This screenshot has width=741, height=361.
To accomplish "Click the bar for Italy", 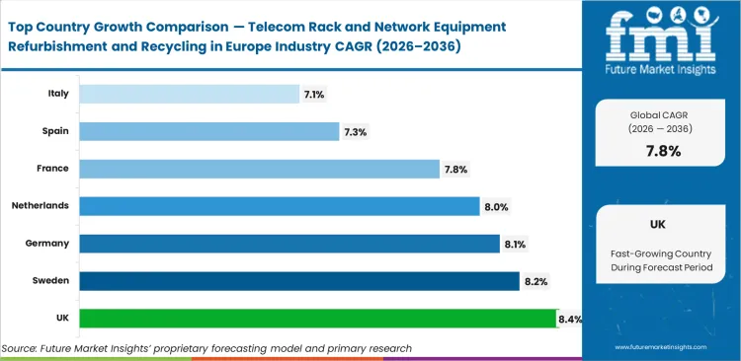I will point(189,94).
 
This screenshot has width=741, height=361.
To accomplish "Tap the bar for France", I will point(259,169).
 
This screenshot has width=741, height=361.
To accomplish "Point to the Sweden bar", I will point(298,281).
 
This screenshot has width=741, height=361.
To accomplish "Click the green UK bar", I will point(317,318).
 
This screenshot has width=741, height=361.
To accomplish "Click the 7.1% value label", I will point(315,94).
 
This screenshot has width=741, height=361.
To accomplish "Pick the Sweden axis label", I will point(48,281).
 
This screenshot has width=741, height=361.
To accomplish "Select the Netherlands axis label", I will point(41,206).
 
